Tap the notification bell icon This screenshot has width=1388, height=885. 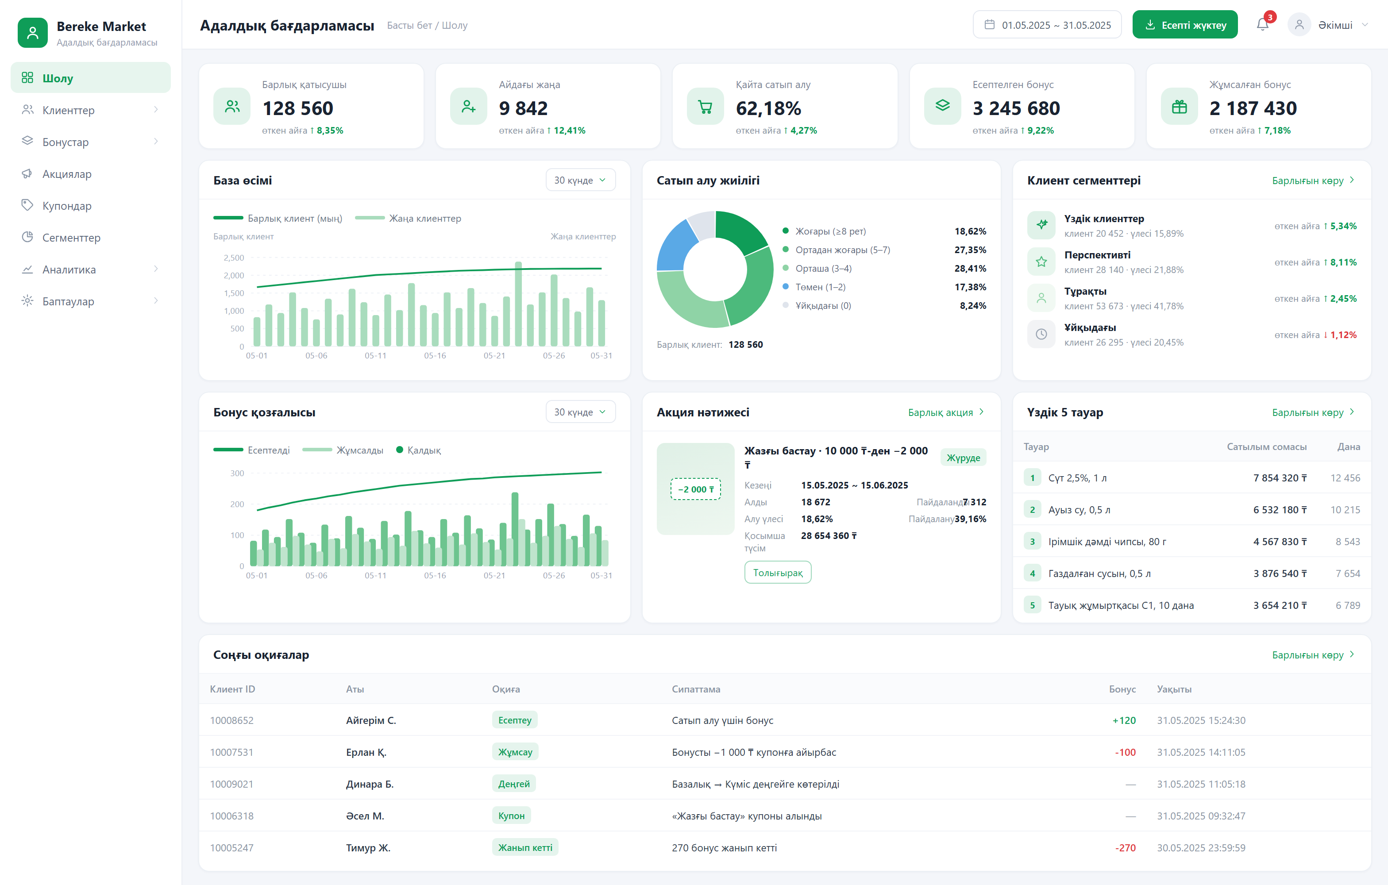click(1262, 24)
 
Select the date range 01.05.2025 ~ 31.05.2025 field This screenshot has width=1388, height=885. click(1047, 25)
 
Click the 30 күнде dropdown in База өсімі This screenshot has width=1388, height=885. click(580, 181)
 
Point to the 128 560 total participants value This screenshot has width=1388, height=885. click(297, 108)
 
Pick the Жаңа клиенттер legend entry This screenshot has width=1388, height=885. click(408, 218)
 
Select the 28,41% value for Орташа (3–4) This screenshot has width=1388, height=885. click(970, 269)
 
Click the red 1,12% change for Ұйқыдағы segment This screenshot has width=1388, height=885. click(1343, 335)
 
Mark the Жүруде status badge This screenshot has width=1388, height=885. click(963, 458)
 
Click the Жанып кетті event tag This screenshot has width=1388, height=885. click(525, 847)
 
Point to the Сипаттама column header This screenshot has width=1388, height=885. click(696, 689)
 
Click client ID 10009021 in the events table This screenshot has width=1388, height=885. click(232, 784)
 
